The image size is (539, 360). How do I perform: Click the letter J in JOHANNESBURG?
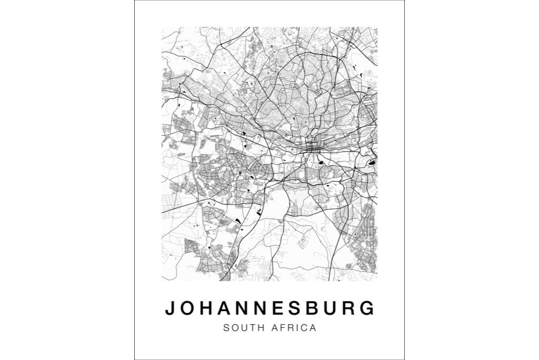pos(169,308)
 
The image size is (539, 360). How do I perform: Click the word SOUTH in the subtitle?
pos(245,328)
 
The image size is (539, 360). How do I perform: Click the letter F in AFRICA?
pos(285,328)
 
